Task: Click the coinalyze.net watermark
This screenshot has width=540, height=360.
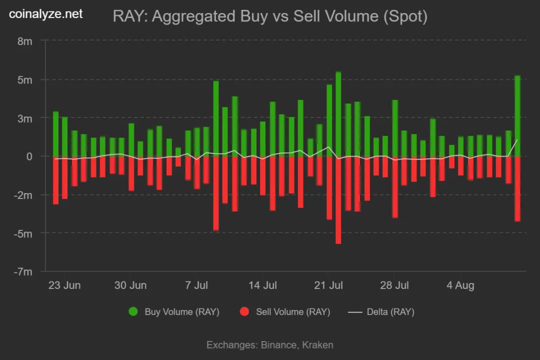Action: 46,14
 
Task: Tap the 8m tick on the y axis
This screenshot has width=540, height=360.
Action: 25,41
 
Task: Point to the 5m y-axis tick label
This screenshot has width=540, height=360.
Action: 25,79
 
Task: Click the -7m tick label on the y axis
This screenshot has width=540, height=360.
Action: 23,271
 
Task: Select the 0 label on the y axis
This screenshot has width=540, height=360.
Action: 29,156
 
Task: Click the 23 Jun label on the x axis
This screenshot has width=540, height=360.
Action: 64,285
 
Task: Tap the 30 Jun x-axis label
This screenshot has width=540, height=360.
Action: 130,285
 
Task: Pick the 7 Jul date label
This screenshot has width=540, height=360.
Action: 196,285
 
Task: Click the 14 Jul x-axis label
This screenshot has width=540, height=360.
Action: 262,285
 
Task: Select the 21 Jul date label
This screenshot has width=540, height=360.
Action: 328,285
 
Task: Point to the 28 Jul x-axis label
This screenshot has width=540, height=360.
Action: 394,285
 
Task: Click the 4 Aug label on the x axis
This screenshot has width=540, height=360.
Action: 460,285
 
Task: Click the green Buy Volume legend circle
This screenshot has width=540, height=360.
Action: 133,312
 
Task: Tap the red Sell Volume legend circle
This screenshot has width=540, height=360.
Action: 244,312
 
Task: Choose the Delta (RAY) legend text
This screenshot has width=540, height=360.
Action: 390,312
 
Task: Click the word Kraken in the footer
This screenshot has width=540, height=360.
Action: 317,344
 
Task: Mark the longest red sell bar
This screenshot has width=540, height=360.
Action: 338,200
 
